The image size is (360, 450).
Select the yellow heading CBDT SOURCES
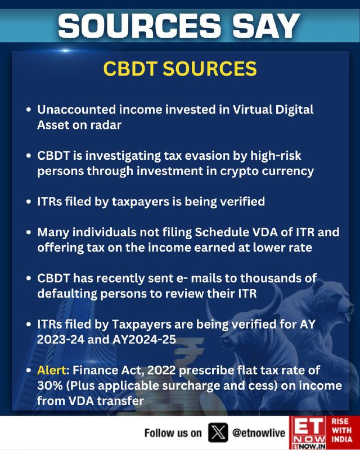click(180, 69)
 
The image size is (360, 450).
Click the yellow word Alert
click(52, 370)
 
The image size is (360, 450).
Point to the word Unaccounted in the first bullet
click(76, 110)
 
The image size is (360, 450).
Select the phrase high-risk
click(276, 156)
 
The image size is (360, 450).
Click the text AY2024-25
click(144, 340)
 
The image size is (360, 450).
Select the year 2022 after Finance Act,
click(161, 370)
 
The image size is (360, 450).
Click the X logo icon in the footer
click(218, 433)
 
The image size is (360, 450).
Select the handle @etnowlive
click(259, 433)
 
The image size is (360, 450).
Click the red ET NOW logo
click(308, 433)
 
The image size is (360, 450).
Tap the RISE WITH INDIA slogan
click(341, 430)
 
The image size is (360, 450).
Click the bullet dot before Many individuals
click(29, 232)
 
